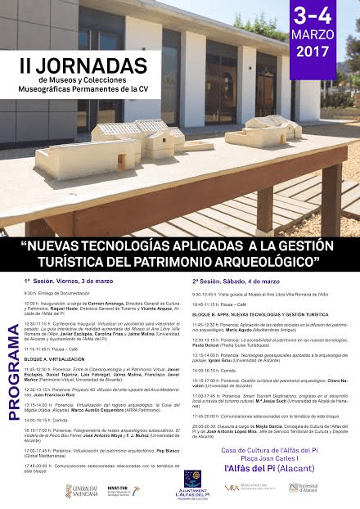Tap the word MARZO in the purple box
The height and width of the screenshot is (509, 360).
pyautogui.click(x=314, y=35)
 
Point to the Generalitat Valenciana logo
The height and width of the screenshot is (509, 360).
pyautogui.click(x=80, y=492)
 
